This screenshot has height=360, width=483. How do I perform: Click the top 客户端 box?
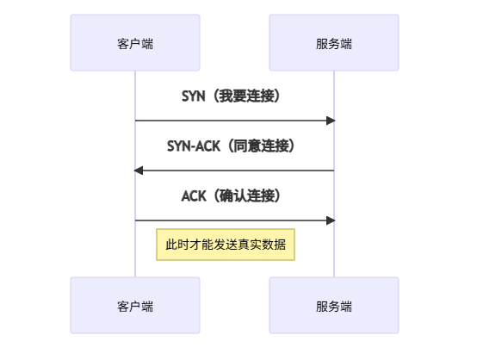click(135, 42)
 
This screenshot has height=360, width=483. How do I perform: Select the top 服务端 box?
click(334, 42)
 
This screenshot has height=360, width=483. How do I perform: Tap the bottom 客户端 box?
click(135, 305)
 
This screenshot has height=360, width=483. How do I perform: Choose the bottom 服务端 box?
click(334, 305)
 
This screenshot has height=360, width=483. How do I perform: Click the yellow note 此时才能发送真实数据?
click(225, 245)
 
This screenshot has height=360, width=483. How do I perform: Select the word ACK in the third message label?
click(194, 196)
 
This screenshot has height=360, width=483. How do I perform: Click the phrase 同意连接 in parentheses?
click(261, 146)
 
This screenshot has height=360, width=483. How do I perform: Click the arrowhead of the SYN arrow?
click(330, 121)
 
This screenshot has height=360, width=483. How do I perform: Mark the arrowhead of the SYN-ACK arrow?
click(139, 171)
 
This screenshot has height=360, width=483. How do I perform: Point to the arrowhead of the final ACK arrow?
click(330, 220)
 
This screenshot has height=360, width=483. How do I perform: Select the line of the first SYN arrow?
click(232, 121)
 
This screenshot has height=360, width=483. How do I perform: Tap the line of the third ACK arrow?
click(232, 220)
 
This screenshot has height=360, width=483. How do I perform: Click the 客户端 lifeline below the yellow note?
click(135, 269)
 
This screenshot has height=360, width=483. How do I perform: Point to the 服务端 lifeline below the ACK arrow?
click(334, 250)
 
